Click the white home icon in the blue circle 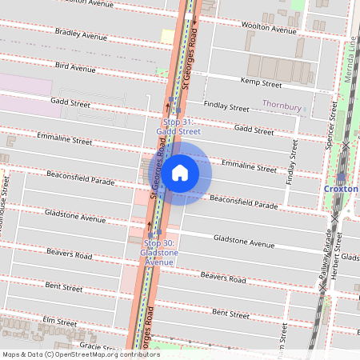[180, 172]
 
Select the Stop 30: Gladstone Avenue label [159, 252]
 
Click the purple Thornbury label [282, 105]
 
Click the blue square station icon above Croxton [342, 176]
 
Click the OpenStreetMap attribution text [81, 354]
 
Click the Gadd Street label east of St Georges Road [254, 129]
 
